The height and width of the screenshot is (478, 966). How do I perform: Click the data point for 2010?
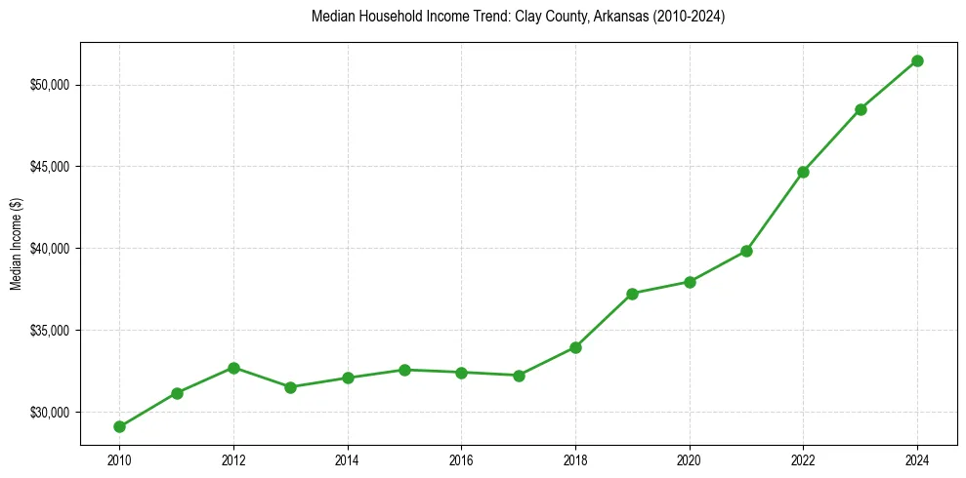[119, 426]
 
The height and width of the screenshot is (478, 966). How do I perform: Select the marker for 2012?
[233, 368]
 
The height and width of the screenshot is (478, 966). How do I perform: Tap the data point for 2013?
[290, 387]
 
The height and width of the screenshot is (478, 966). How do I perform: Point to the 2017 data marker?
[519, 376]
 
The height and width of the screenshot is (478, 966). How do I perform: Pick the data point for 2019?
[633, 294]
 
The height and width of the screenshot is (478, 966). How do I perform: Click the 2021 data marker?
[746, 251]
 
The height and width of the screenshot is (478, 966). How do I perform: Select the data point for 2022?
[803, 172]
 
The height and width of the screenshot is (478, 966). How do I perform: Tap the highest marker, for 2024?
[917, 60]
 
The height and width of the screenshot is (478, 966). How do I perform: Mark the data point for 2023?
[861, 109]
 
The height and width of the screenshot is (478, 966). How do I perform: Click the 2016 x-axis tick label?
[461, 459]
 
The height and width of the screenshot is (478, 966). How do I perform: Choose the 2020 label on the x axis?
[690, 459]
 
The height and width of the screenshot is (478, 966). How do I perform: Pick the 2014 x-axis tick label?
[347, 459]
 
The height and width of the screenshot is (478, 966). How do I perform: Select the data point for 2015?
[404, 370]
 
